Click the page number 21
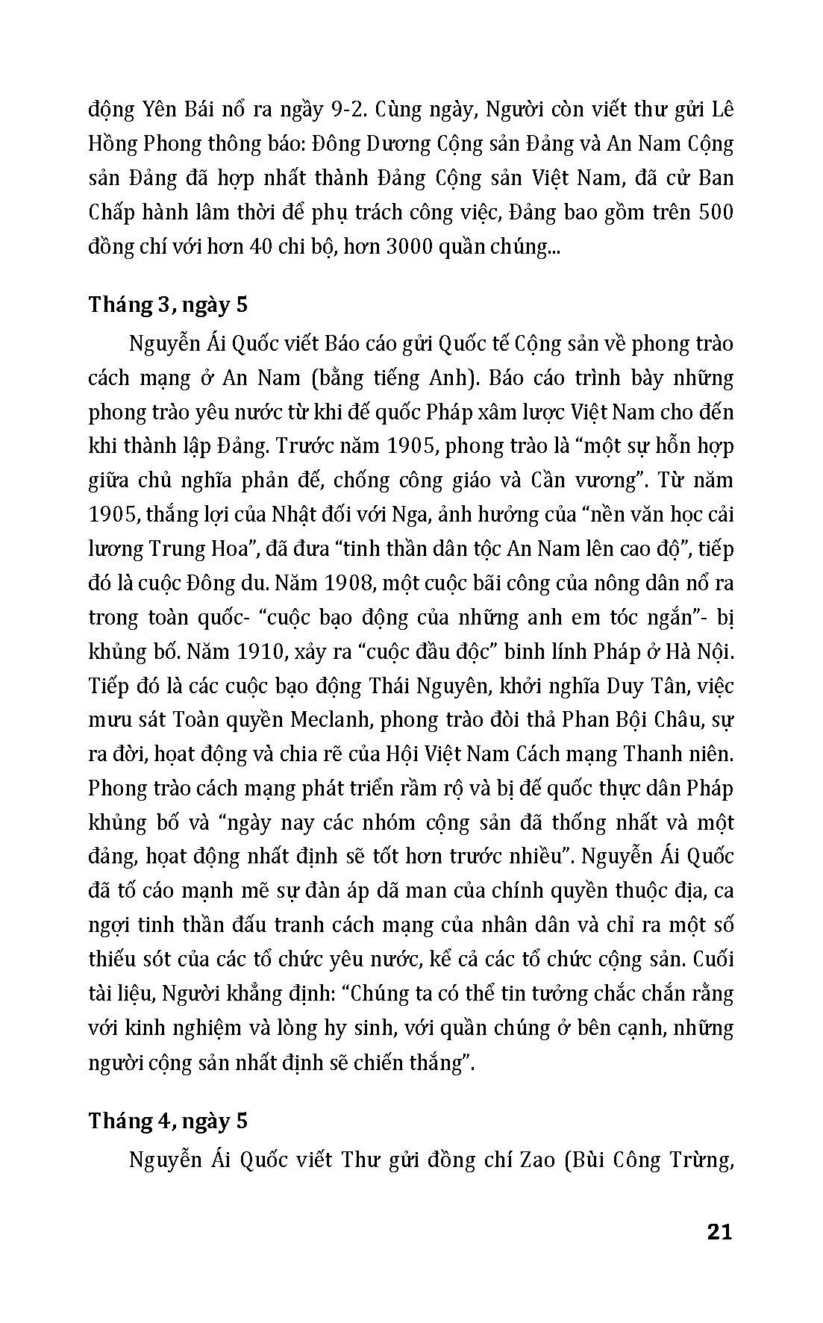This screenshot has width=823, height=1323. coord(719,1231)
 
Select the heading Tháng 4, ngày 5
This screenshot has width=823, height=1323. coord(168,1122)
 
